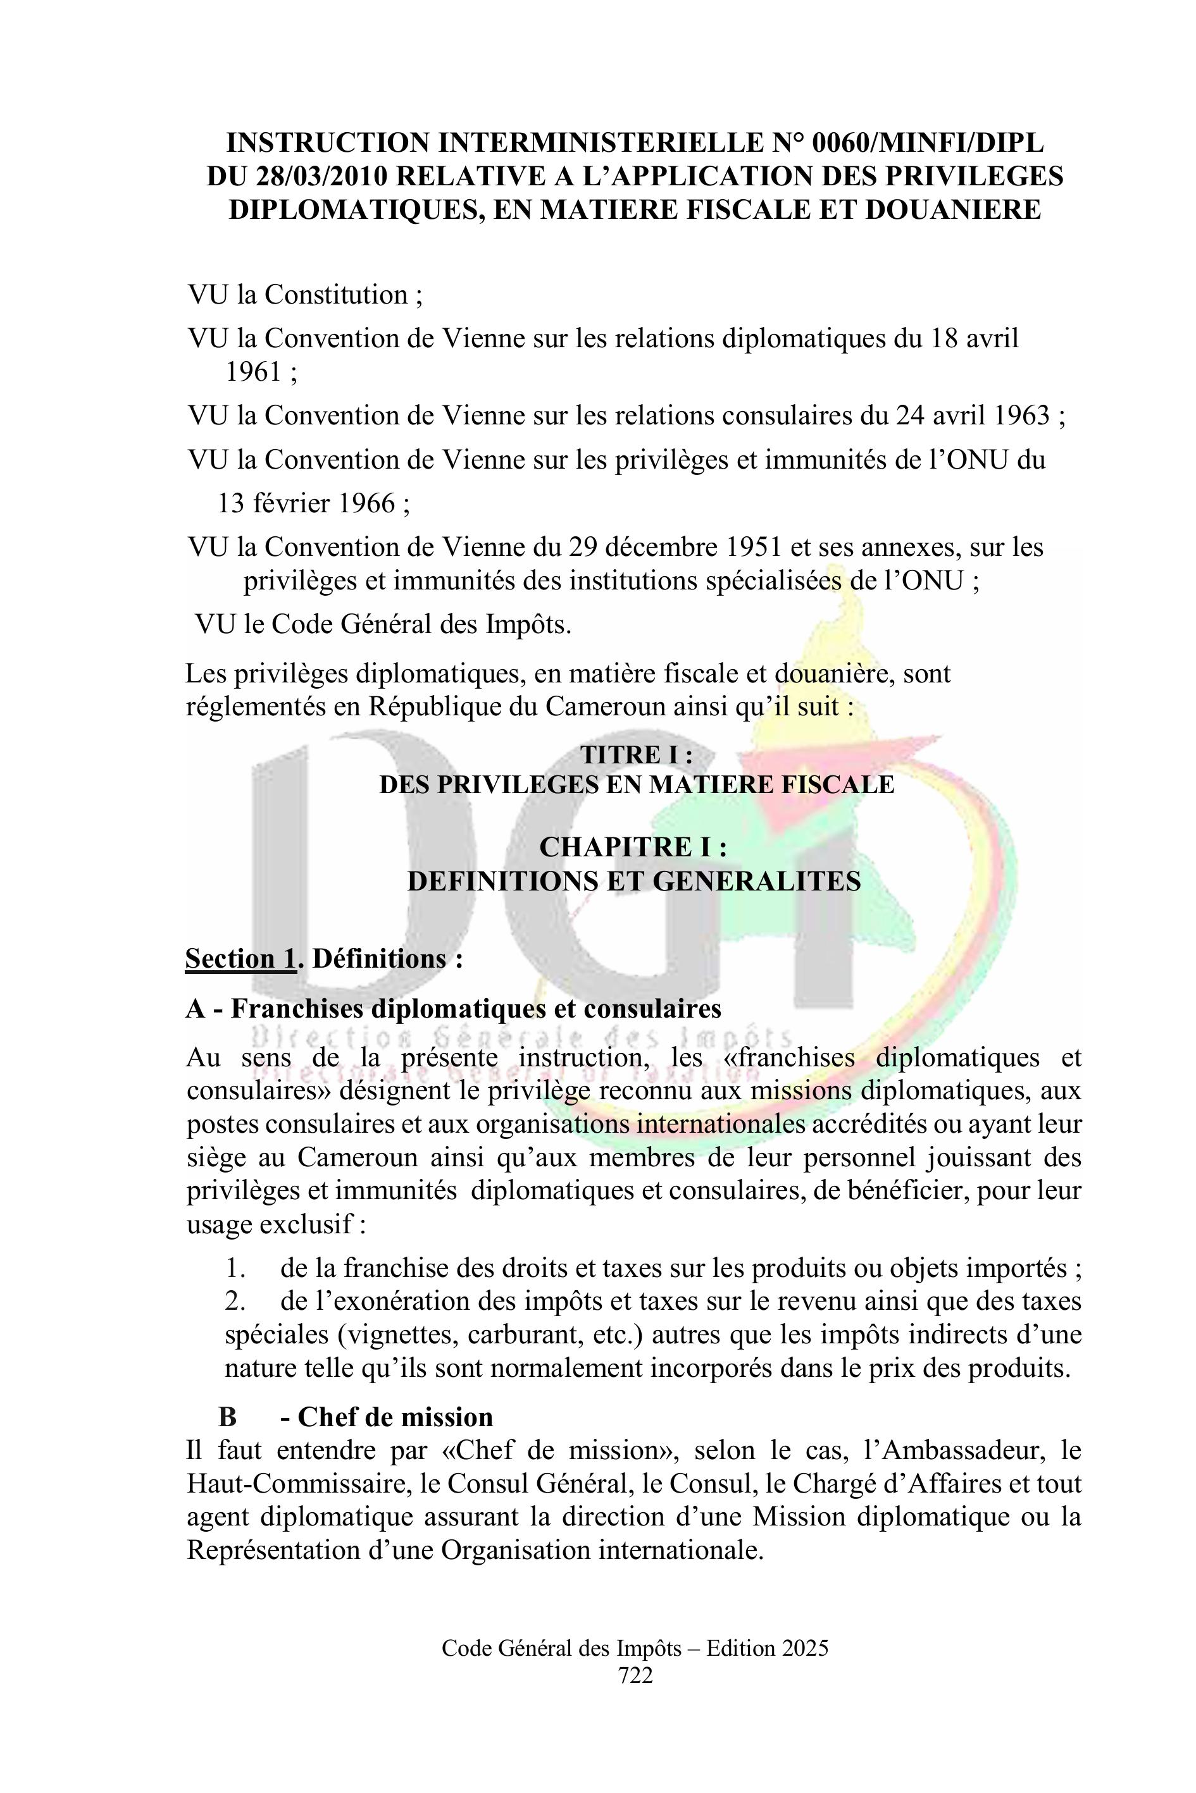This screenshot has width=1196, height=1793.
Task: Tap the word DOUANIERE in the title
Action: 952,209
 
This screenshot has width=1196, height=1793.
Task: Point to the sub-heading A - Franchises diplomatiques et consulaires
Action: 453,1009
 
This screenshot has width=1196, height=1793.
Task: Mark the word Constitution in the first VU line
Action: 335,295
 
